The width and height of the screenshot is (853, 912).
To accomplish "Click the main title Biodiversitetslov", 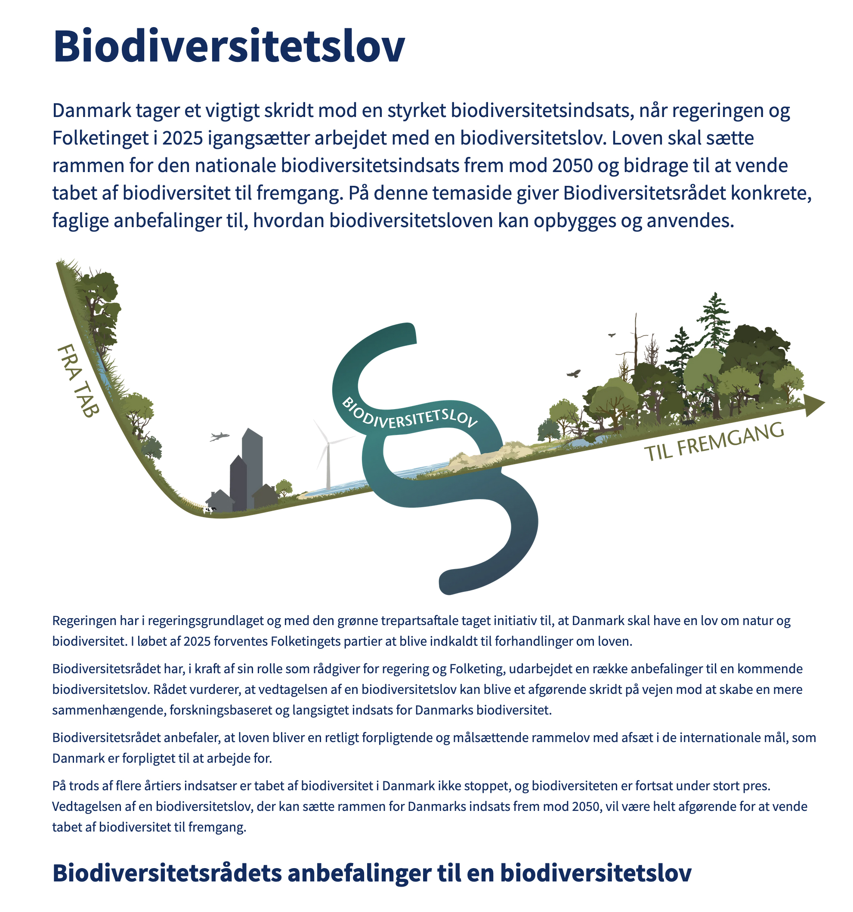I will click(x=229, y=46).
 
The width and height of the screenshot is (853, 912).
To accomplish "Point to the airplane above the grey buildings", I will click(x=219, y=436).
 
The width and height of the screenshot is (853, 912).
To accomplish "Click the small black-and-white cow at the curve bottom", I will click(x=210, y=509).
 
